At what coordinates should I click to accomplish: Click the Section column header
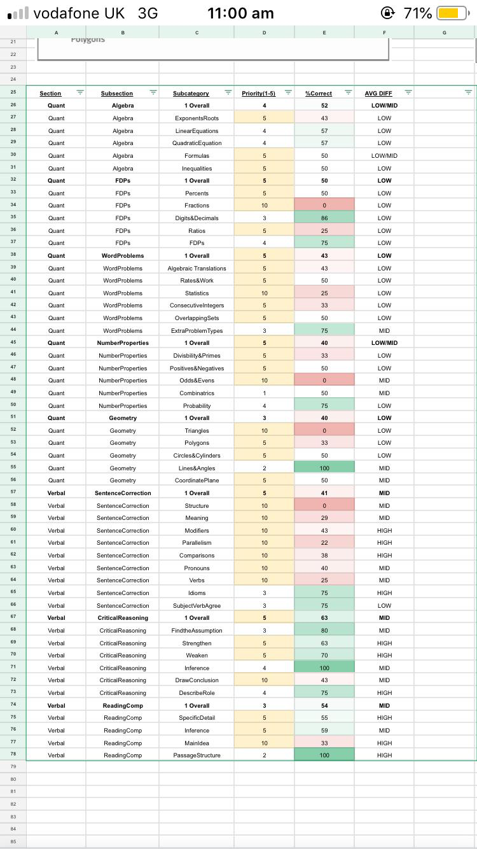click(x=50, y=94)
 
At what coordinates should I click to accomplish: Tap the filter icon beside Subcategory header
click(x=228, y=93)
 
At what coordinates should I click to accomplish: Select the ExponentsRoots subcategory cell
click(x=197, y=118)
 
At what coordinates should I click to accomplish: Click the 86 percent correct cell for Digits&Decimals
click(x=324, y=218)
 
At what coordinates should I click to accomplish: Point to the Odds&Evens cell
click(x=197, y=381)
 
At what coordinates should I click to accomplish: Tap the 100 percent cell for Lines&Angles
click(x=324, y=468)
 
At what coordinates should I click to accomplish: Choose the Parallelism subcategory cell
click(x=197, y=543)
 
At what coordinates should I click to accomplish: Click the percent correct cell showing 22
click(x=324, y=543)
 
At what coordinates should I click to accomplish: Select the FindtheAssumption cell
click(x=197, y=631)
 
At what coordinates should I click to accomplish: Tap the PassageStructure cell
click(x=197, y=755)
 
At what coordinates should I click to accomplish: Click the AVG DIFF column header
click(x=378, y=94)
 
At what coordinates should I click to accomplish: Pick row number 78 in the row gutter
click(x=13, y=755)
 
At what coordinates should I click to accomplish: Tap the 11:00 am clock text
click(x=240, y=13)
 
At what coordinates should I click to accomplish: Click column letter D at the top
click(x=264, y=32)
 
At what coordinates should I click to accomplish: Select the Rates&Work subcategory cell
click(x=197, y=281)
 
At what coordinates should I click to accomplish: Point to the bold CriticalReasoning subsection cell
click(x=123, y=618)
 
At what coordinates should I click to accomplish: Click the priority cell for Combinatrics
click(x=264, y=393)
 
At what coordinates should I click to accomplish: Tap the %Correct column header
click(x=319, y=94)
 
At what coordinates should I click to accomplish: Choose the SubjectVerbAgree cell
click(x=197, y=606)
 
